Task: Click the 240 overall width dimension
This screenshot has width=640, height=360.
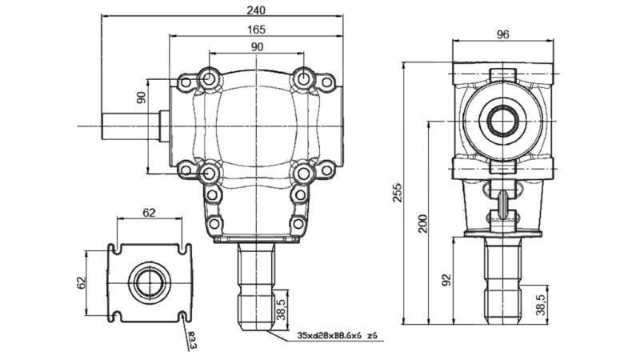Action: point(256,10)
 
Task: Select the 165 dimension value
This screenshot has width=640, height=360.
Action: point(256,29)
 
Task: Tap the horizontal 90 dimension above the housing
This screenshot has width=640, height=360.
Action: point(257,47)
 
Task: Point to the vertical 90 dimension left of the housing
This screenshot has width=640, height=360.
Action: point(141,98)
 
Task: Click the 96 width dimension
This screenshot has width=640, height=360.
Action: point(503,34)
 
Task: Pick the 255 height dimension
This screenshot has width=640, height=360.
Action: point(398,193)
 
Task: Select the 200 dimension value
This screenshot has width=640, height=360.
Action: point(423,222)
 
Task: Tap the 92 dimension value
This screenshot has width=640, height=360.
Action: point(447,279)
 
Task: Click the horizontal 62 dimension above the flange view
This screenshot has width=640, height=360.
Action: point(150,214)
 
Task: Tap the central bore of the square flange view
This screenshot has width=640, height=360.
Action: point(150,282)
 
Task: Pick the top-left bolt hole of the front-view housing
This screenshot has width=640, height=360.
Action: point(210,78)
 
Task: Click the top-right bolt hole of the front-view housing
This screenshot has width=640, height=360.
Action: point(303,78)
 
